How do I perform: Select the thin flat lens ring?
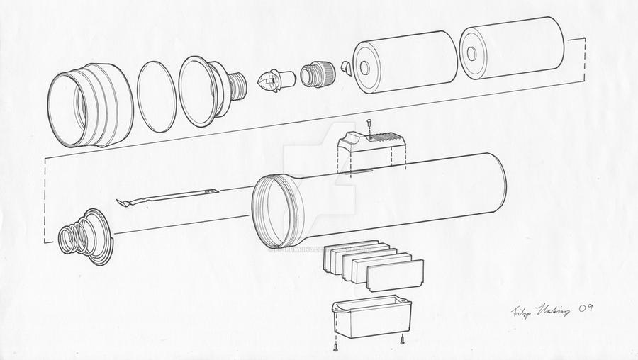(x=156, y=96)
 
